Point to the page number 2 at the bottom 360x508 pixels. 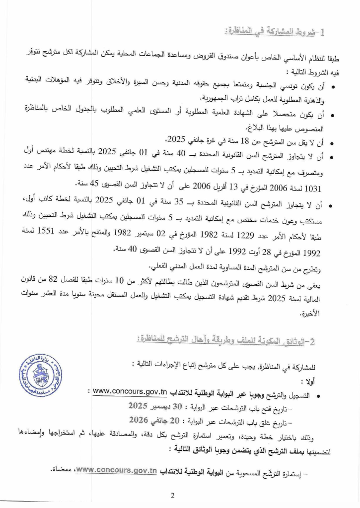(x=172, y=495)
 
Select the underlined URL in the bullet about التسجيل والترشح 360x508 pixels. (x=130, y=392)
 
